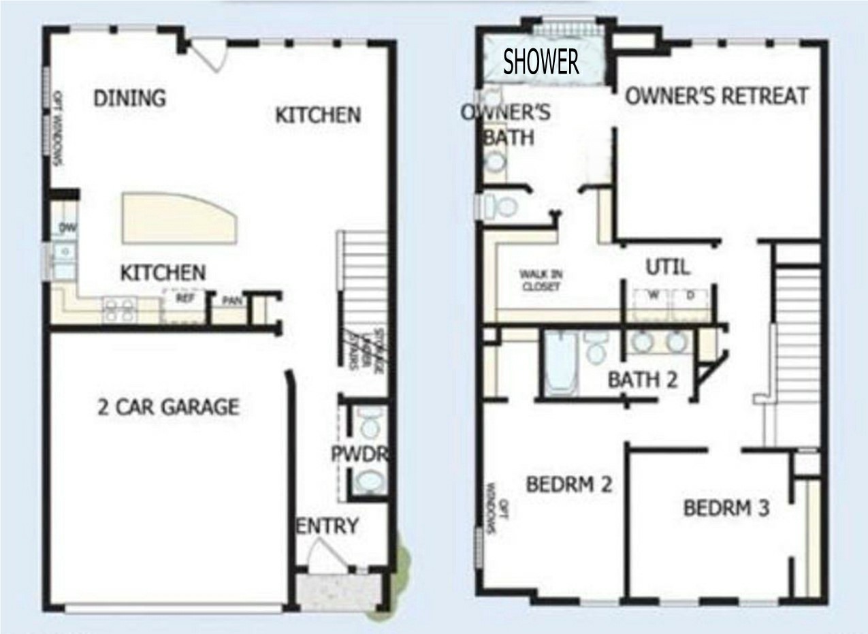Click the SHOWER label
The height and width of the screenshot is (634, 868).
pyautogui.click(x=541, y=62)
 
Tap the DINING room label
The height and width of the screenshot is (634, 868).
pyautogui.click(x=129, y=98)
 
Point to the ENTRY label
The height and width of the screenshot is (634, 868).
pyautogui.click(x=327, y=526)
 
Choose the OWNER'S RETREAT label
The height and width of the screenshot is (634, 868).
pyautogui.click(x=717, y=96)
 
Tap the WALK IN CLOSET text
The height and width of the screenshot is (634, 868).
pyautogui.click(x=541, y=281)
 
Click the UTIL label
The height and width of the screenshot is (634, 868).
pyautogui.click(x=667, y=267)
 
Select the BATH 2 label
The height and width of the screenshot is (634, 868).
pyautogui.click(x=643, y=379)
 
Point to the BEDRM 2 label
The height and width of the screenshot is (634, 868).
pyautogui.click(x=569, y=484)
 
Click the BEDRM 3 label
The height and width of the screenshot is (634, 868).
pyautogui.click(x=726, y=508)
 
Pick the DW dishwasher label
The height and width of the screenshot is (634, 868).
pyautogui.click(x=67, y=227)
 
